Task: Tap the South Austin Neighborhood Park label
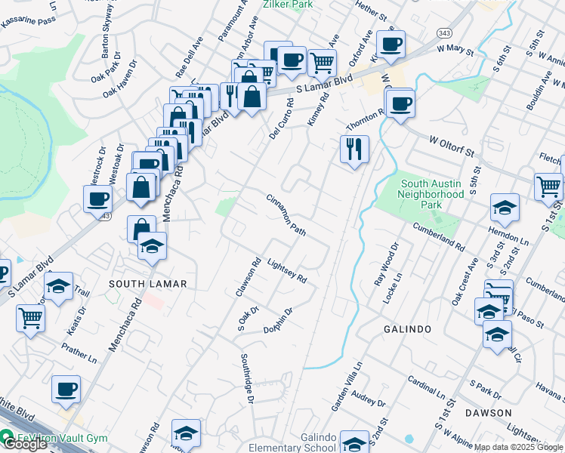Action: (432, 194)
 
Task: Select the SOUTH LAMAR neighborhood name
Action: (147, 283)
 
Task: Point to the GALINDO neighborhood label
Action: (407, 329)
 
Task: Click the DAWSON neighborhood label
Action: (489, 413)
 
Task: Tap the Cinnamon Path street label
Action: (286, 214)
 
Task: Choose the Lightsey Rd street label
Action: (288, 268)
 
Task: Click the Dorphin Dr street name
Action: (278, 319)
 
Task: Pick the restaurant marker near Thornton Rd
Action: (354, 148)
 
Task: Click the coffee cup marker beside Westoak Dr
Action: (97, 199)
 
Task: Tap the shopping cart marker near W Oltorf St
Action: (548, 186)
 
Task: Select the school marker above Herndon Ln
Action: (505, 207)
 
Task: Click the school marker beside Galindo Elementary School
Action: (354, 441)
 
